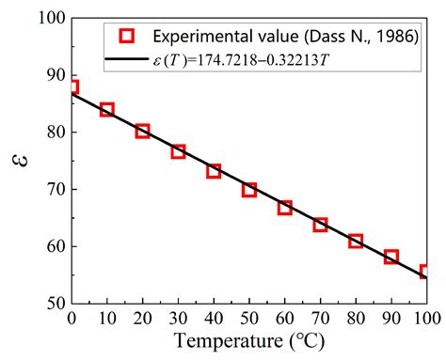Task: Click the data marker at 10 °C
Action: [x=107, y=110]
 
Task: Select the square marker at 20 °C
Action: [x=142, y=131]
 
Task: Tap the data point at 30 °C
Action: [x=178, y=151]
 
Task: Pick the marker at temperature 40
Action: [x=214, y=171]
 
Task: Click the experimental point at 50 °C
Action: [x=249, y=190]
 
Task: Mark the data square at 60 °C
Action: [x=284, y=208]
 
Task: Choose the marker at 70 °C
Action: [x=320, y=225]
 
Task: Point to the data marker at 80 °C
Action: [x=356, y=242]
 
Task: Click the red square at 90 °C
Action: [x=391, y=257]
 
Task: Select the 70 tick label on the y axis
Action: [x=54, y=189]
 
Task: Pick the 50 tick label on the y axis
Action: [x=54, y=304]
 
